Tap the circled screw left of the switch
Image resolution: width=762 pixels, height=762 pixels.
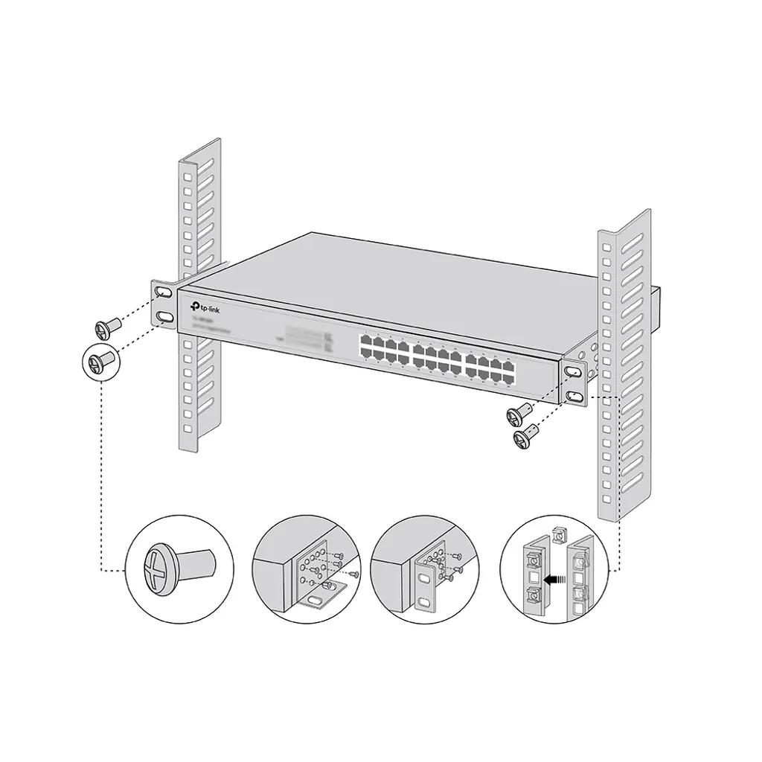[x=100, y=363]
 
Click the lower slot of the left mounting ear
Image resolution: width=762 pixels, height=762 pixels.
[x=164, y=318]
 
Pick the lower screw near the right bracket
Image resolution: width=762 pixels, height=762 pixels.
[x=526, y=435]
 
